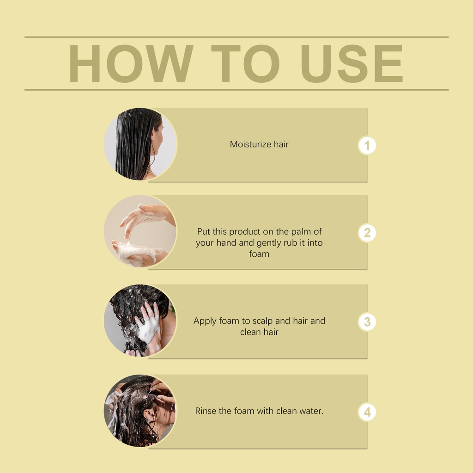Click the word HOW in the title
[131, 64]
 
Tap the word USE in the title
[352, 64]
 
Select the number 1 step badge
[367, 146]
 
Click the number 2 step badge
[367, 233]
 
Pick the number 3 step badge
[367, 321]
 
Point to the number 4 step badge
[367, 412]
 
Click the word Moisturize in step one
[250, 144]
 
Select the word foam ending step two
[259, 254]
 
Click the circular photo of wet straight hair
[140, 144]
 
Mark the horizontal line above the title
[236, 37]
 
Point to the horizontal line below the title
[236, 90]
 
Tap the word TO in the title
[245, 64]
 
